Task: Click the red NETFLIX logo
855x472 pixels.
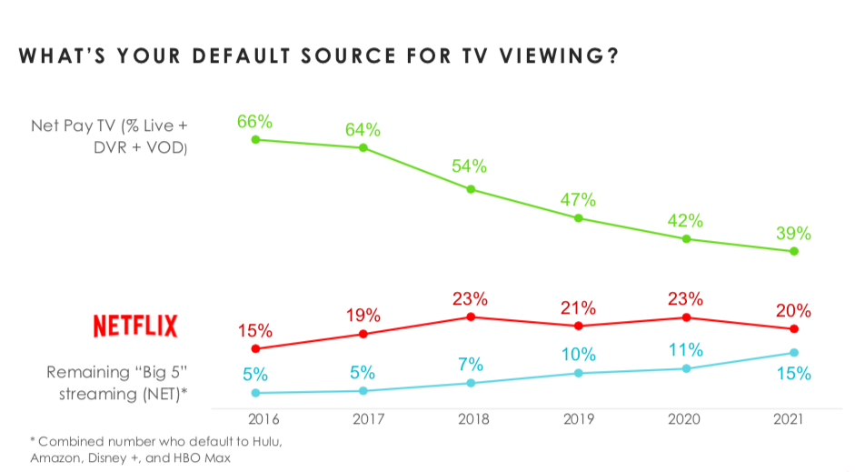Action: coord(135,326)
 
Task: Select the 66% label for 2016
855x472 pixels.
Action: coord(255,121)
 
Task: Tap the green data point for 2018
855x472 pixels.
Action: coord(471,189)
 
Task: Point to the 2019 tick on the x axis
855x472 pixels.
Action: coord(578,419)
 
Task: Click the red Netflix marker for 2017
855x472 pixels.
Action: coord(363,334)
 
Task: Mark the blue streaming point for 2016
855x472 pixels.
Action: coord(255,393)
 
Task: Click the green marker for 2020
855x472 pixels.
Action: coord(686,239)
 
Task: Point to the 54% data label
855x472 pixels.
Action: coord(471,166)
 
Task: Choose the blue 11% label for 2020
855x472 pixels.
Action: coord(686,350)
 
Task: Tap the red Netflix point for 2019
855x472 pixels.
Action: coord(578,326)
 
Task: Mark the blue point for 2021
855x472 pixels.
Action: coord(793,353)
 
